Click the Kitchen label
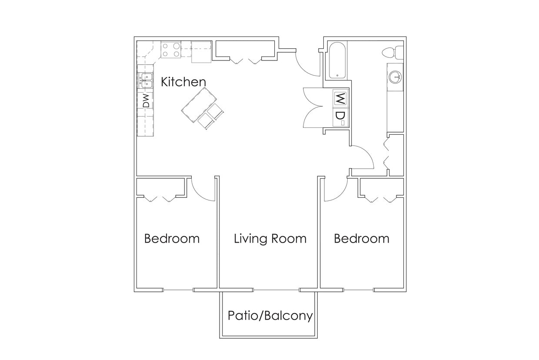pyautogui.click(x=183, y=82)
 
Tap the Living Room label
pyautogui.click(x=270, y=238)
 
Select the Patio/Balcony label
pyautogui.click(x=270, y=315)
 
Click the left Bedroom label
pyautogui.click(x=172, y=238)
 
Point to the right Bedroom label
pyautogui.click(x=361, y=238)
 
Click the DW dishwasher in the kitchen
pyautogui.click(x=146, y=101)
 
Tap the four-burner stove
pyautogui.click(x=171, y=50)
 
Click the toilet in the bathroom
pyautogui.click(x=393, y=52)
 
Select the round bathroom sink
pyautogui.click(x=395, y=77)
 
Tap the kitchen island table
pyautogui.click(x=200, y=104)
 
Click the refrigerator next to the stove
pyautogui.click(x=201, y=52)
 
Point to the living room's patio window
pyautogui.click(x=276, y=290)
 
